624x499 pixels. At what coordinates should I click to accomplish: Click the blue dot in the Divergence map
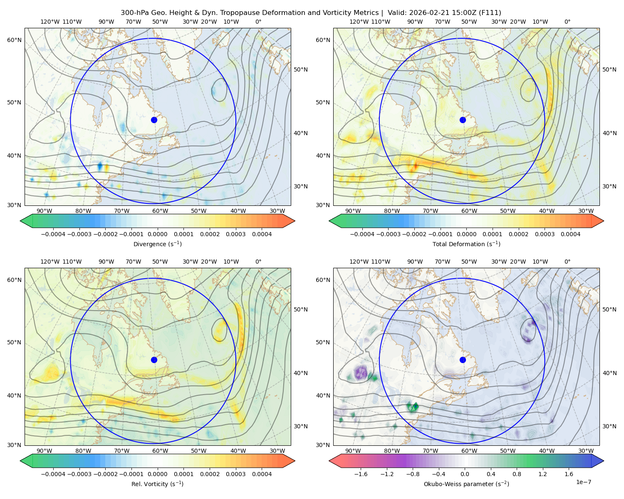pos(154,120)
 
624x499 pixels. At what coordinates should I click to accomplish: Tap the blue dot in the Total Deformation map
pos(463,120)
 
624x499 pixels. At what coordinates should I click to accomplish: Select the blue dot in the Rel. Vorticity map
pos(154,360)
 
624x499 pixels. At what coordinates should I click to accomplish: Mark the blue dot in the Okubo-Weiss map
pos(463,360)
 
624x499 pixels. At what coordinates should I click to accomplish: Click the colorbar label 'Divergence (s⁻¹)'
pos(157,244)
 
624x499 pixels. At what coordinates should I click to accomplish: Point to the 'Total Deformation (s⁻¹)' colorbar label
pos(466,244)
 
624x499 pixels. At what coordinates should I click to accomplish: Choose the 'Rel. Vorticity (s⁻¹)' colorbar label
pos(157,484)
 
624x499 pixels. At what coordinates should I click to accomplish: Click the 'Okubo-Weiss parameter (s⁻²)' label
pos(466,484)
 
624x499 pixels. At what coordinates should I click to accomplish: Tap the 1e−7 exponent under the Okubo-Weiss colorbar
pos(583,482)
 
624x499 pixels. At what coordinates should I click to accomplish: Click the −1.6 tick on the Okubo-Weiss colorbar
pos(361,474)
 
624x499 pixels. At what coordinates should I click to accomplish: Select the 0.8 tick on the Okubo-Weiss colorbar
pos(517,474)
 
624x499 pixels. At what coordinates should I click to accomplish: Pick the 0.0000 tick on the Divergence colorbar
pos(157,234)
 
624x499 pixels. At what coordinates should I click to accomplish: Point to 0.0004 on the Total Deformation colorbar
pos(570,234)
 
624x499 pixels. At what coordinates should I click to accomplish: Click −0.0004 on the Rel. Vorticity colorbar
pos(53,474)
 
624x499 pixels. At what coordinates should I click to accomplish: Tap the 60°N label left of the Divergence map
pos(14,40)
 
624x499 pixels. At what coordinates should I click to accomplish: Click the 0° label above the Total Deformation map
pos(567,22)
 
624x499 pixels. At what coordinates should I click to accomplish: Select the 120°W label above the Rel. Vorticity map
pos(50,262)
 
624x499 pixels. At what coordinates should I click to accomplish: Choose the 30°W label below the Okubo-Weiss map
pos(586,451)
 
